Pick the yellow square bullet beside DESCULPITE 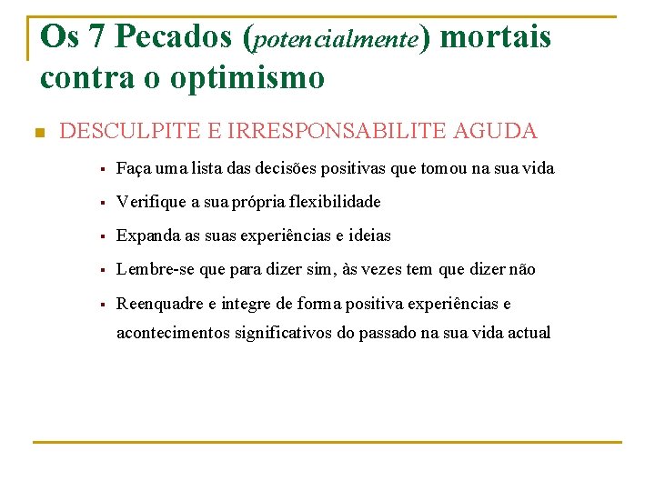click(x=38, y=133)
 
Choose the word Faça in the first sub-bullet click(x=133, y=168)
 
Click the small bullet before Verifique click(x=105, y=202)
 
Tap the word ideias click(x=370, y=235)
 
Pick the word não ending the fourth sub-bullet click(x=523, y=269)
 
